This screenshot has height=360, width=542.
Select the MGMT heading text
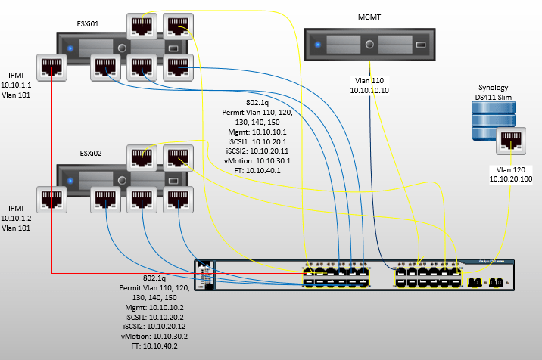(x=369, y=17)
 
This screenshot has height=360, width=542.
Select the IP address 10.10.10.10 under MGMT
(x=369, y=90)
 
